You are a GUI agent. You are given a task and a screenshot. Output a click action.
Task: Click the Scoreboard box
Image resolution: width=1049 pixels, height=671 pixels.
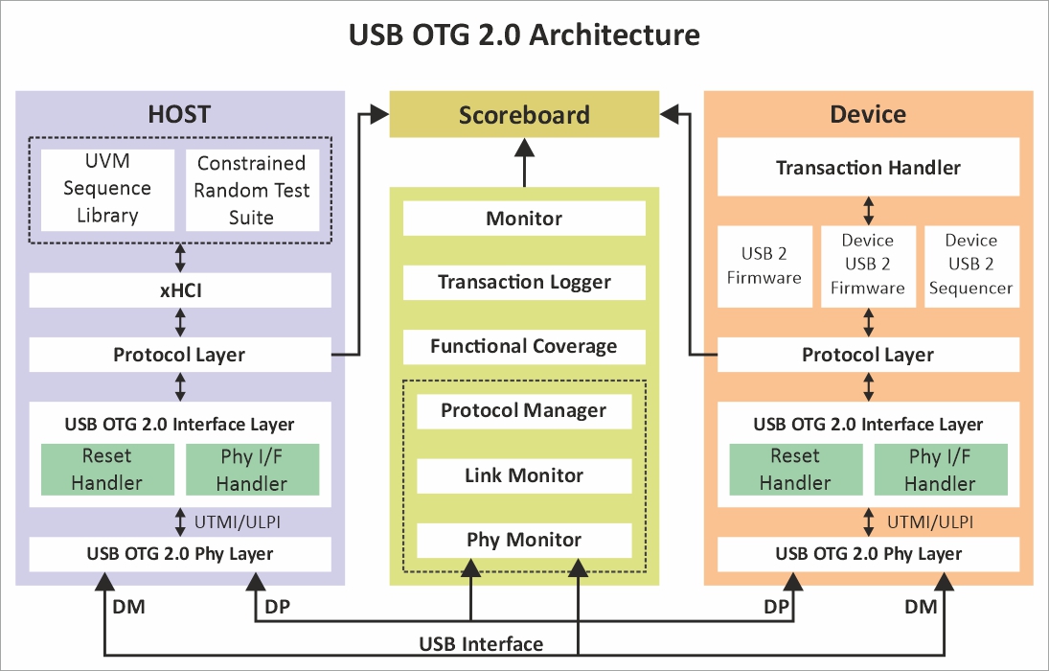(x=524, y=115)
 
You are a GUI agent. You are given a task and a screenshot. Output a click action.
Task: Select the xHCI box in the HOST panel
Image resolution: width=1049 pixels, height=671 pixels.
(x=180, y=290)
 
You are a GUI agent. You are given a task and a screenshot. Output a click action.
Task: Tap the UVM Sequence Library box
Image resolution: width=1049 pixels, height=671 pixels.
(x=107, y=189)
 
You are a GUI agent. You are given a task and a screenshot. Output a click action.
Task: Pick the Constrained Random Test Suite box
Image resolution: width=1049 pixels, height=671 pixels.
(x=252, y=190)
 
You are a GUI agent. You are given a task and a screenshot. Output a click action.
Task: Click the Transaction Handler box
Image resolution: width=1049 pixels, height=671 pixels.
(x=868, y=168)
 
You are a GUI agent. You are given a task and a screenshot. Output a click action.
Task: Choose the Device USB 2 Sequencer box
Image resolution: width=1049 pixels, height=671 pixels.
(x=970, y=265)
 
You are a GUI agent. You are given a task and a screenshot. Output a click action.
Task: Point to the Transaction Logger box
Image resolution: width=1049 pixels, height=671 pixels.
(x=524, y=283)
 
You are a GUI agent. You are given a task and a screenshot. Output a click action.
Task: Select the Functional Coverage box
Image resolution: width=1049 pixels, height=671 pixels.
(x=524, y=347)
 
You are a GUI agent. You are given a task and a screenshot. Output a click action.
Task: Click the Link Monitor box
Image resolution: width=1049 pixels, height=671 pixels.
(x=524, y=475)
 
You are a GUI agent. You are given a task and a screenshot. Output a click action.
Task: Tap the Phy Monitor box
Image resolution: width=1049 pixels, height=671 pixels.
(x=524, y=540)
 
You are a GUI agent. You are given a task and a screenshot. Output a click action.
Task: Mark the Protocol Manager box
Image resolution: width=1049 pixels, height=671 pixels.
(x=524, y=411)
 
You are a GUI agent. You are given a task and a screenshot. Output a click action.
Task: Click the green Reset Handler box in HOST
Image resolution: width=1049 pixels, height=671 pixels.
(x=106, y=469)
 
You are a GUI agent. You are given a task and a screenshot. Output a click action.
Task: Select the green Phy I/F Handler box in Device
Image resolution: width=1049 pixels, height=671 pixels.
(x=940, y=470)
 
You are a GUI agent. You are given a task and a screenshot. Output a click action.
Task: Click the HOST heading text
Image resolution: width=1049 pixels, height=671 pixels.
(x=179, y=114)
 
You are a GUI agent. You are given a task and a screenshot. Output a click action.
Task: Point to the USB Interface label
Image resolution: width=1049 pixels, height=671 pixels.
(x=481, y=643)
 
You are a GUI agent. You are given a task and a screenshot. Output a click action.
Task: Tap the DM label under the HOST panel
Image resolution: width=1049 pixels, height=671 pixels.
(x=129, y=607)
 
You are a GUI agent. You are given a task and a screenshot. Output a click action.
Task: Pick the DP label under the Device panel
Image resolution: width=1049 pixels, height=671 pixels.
(x=777, y=607)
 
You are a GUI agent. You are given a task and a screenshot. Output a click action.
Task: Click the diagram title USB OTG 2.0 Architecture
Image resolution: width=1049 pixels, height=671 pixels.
(x=524, y=35)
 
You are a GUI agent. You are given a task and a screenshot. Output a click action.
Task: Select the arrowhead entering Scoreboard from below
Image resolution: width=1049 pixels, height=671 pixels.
(x=524, y=147)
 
